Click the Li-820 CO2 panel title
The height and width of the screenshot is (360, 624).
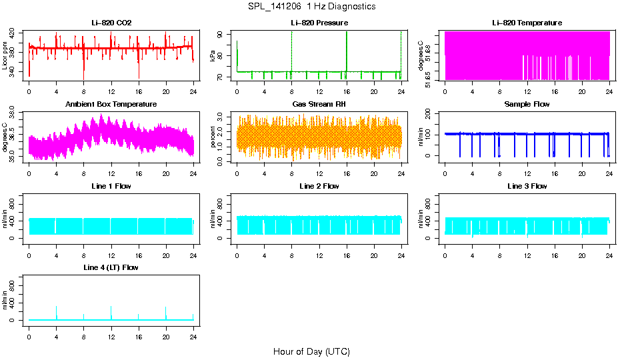(111, 23)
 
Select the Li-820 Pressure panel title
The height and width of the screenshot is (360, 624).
(319, 23)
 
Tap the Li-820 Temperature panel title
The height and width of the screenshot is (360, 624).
(527, 23)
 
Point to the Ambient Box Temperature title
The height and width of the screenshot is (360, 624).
(111, 105)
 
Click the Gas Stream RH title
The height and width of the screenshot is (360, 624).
(319, 105)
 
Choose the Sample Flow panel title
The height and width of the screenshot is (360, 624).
(527, 105)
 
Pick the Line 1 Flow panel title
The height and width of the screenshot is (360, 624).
(111, 186)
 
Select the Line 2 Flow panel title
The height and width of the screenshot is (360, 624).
(319, 186)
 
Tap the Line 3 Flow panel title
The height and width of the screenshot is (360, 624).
(527, 186)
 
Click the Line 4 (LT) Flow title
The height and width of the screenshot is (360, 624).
(111, 267)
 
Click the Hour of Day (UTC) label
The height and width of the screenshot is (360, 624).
(311, 351)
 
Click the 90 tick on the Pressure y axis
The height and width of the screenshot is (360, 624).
(228, 34)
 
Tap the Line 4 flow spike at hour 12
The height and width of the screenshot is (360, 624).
(111, 311)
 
